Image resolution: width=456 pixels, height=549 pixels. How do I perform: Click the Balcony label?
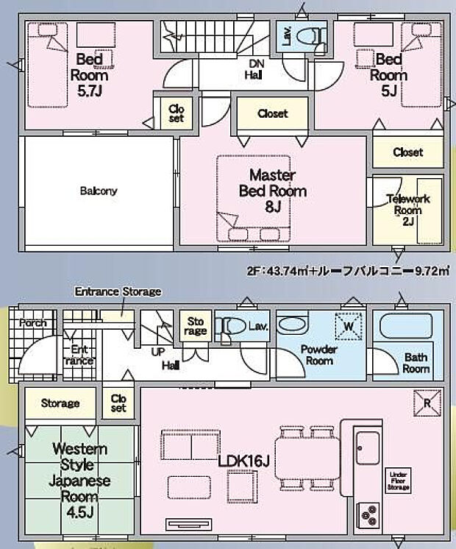click(98, 191)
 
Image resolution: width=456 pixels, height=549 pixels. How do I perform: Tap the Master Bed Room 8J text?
click(272, 191)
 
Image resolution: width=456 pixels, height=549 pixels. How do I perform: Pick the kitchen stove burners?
click(367, 513)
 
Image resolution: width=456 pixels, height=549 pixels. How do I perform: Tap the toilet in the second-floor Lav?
click(314, 36)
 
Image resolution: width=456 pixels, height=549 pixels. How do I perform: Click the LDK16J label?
click(242, 461)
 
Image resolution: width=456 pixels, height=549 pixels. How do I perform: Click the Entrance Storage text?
click(118, 291)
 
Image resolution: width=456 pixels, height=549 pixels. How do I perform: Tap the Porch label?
click(32, 322)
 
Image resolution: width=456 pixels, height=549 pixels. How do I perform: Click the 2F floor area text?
click(347, 272)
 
